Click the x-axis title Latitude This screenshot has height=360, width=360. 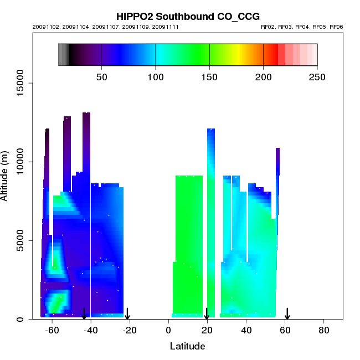click(x=187, y=347)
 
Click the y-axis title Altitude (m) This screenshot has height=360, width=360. click(x=6, y=175)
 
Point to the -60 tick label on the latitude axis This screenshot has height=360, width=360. click(x=52, y=331)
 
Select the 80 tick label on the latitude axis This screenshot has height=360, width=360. click(x=324, y=331)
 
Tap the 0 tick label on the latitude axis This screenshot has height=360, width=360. click(x=168, y=331)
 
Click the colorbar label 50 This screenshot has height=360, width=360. click(x=101, y=76)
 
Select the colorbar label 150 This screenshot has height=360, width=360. click(x=209, y=76)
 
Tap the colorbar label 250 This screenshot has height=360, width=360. click(x=317, y=76)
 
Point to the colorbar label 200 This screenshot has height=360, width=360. click(x=263, y=76)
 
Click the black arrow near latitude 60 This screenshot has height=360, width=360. click(x=287, y=313)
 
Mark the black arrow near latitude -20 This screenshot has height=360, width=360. click(x=127, y=313)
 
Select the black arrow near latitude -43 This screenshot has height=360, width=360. click(x=84, y=313)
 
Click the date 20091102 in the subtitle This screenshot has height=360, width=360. click(x=43, y=27)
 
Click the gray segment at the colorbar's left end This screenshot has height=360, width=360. click(x=63, y=55)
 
